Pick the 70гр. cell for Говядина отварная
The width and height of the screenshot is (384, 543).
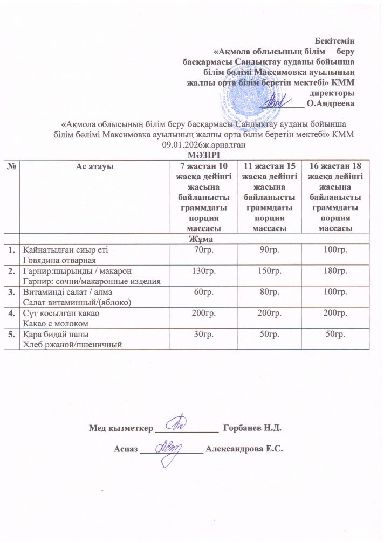coord(204,250)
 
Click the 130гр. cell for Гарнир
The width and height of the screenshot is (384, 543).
coord(204,269)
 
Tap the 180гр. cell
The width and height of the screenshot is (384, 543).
coord(332,269)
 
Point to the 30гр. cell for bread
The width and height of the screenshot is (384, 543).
coord(204,335)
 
